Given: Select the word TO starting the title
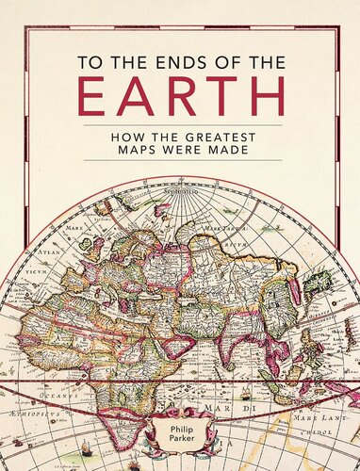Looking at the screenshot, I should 90,55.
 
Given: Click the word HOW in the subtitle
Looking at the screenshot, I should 124,136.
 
